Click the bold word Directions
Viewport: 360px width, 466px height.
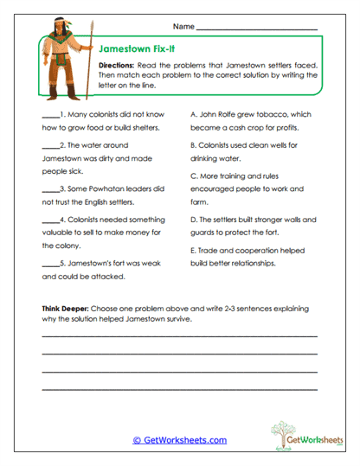pyautogui.click(x=115, y=66)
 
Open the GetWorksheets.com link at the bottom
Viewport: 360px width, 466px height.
pyautogui.click(x=179, y=440)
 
